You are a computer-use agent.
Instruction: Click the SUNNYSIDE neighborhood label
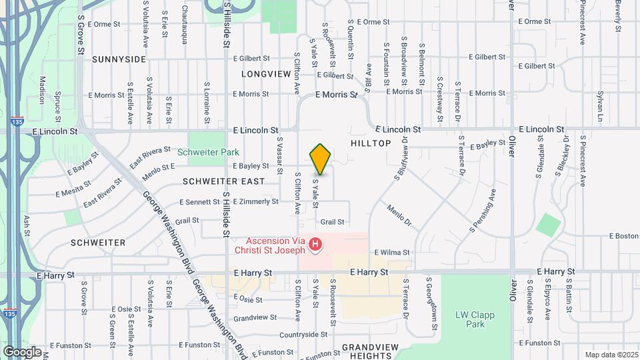point(119,59)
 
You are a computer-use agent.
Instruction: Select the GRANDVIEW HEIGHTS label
point(369,351)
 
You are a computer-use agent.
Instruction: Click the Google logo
point(22,351)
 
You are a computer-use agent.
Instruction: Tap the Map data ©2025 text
point(610,355)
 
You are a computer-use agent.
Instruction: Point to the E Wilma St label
point(391,253)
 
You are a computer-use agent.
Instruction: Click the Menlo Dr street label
point(399,214)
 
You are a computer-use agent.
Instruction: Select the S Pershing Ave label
point(483,211)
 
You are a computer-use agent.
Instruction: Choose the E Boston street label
point(624,236)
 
